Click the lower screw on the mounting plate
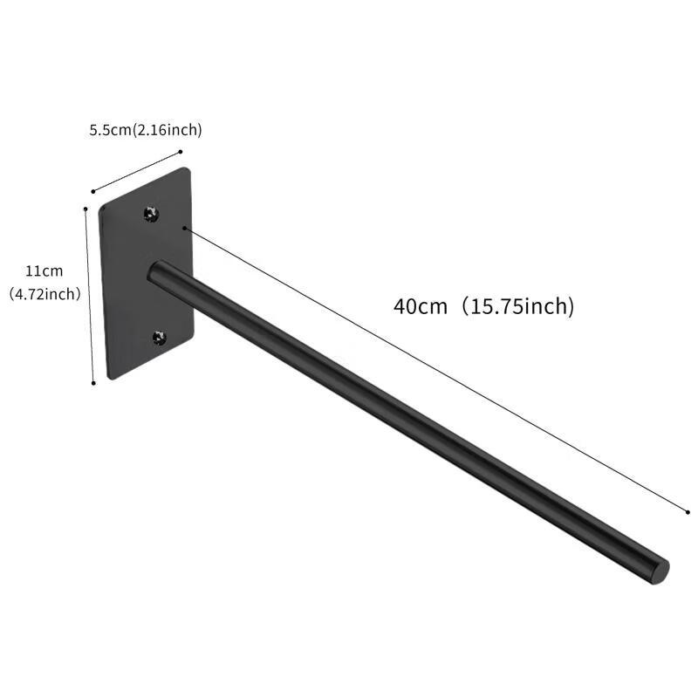pyautogui.click(x=159, y=337)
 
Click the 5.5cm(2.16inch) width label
pyautogui.click(x=146, y=131)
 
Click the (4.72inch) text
pyautogui.click(x=44, y=294)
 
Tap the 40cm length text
pyautogui.click(x=420, y=307)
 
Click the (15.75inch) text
pyautogui.click(x=518, y=307)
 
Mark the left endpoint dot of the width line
pyautogui.click(x=93, y=190)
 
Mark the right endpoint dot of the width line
pyautogui.click(x=180, y=151)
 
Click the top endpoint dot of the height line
pyautogui.click(x=85, y=209)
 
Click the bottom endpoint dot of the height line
pyautogui.click(x=93, y=382)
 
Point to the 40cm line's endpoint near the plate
pyautogui.click(x=184, y=229)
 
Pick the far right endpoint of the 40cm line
pyautogui.click(x=688, y=512)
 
